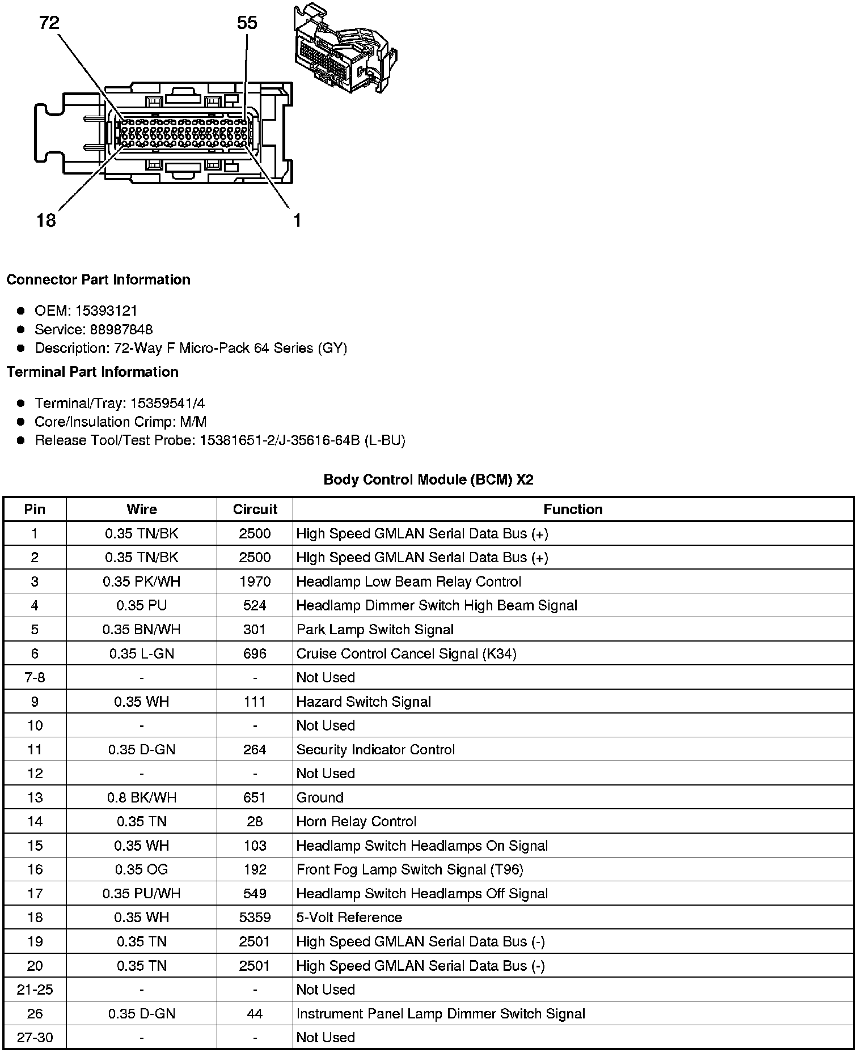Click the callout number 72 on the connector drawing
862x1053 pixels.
click(49, 23)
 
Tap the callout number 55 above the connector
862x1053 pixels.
click(247, 23)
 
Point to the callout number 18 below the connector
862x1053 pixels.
click(47, 220)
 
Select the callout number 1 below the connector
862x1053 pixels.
click(297, 220)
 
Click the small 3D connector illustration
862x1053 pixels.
click(344, 50)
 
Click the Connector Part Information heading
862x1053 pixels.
click(99, 280)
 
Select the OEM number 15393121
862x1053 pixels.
click(106, 311)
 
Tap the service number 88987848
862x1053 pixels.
click(121, 329)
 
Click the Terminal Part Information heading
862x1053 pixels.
click(92, 372)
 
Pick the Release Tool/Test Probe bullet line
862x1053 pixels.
click(220, 440)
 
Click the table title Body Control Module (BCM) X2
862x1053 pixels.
click(428, 479)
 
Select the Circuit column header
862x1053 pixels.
click(255, 509)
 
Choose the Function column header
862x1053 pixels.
click(573, 509)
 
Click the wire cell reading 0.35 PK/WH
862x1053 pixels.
click(141, 581)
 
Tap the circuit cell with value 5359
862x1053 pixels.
click(255, 917)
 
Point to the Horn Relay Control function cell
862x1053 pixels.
click(356, 821)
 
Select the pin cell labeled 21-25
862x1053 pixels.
click(35, 989)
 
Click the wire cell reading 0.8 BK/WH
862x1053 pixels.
click(141, 797)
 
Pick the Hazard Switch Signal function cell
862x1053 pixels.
click(364, 702)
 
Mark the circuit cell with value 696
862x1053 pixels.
click(255, 653)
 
